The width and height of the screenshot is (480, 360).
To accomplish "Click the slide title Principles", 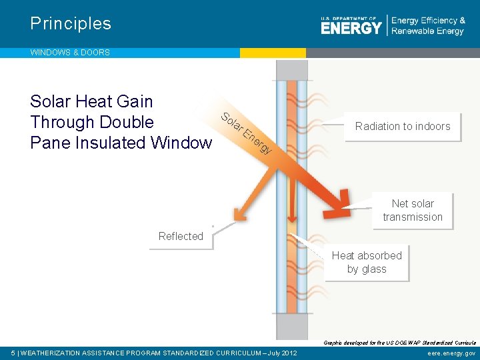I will point(71,24).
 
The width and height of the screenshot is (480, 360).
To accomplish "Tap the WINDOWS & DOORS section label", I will point(70,52).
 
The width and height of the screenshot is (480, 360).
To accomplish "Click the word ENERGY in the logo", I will point(351,27).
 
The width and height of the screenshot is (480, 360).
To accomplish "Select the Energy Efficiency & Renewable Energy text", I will point(428,26).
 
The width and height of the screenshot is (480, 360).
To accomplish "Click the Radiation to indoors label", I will point(403,127).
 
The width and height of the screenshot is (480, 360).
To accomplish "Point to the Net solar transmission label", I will point(413,210).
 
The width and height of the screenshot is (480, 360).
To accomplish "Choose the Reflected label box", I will point(181,237).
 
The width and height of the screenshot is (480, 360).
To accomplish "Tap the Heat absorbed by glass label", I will point(367,262).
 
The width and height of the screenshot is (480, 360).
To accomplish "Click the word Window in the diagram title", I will point(181,143).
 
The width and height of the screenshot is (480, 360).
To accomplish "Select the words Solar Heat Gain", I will point(91,101).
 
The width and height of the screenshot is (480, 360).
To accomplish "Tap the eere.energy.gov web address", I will point(451,353).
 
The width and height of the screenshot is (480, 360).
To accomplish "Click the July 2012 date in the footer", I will point(281,353).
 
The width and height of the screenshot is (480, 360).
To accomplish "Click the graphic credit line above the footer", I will point(399,342).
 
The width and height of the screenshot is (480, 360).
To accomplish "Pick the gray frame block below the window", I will point(292,326).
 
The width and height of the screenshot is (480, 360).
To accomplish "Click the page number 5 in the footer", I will point(13,353).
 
